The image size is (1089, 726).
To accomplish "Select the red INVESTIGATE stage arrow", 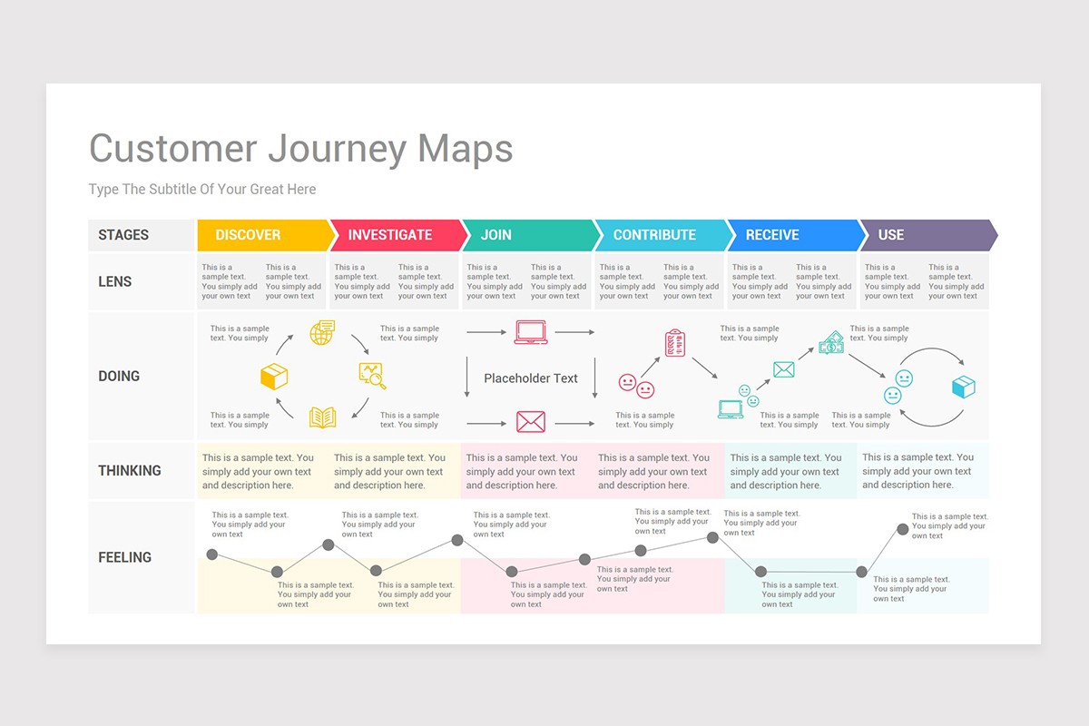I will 392,235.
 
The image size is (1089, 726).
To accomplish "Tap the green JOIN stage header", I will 525,235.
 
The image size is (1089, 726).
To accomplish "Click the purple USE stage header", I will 924,235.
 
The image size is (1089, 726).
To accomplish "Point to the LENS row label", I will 115,281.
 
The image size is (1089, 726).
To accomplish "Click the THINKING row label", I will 130,470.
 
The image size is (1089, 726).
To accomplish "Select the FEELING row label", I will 124,557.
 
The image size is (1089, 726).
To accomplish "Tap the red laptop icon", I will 530,332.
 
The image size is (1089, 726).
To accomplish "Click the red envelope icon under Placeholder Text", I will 530,422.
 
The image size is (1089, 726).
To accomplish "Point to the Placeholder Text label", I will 530,378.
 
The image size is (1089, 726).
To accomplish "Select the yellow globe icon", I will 321,333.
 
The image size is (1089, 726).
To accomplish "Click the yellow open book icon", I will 322,417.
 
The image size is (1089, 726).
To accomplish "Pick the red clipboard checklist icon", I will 674,343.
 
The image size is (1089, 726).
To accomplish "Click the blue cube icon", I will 963,387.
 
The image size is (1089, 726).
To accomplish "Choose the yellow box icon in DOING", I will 273,376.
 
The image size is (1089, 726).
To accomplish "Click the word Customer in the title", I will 173,149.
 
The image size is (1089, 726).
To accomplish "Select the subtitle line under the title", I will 202,190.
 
